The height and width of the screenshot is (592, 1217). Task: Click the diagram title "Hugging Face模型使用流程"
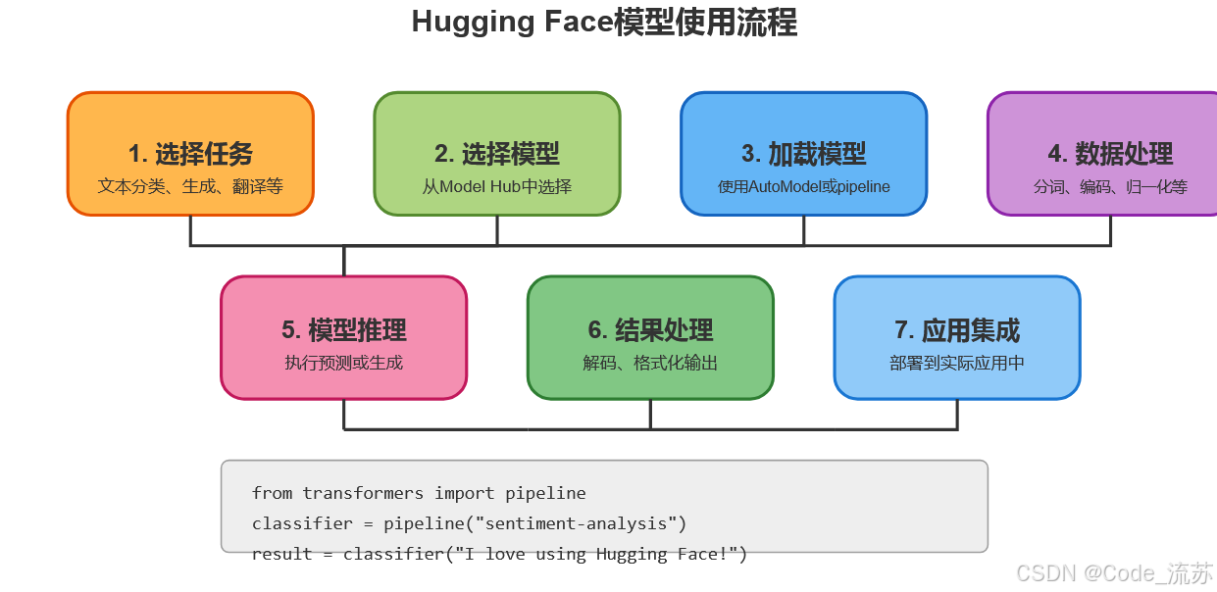pos(604,22)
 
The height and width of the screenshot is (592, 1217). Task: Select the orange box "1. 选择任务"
pos(190,154)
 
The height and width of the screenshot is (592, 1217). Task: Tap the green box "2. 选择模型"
pos(497,154)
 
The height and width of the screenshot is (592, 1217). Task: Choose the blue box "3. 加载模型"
pos(804,154)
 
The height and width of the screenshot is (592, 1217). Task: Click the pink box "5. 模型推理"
pos(343,330)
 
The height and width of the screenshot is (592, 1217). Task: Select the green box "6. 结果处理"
pos(650,330)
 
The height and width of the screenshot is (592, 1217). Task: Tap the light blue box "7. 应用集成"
pos(957,330)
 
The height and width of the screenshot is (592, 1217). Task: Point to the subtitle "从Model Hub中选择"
pos(497,186)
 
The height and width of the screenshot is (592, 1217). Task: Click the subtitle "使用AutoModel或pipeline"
pos(804,186)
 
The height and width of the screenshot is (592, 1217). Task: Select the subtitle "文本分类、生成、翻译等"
pos(190,186)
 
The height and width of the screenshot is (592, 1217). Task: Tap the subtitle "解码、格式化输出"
pos(650,363)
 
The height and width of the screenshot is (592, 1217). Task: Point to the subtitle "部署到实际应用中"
pos(957,363)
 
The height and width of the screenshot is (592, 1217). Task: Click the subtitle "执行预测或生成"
pos(343,363)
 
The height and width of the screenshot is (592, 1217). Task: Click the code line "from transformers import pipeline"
pos(419,493)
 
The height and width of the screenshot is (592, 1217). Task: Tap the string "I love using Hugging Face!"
pos(594,554)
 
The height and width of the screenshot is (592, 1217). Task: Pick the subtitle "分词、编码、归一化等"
pos(1109,186)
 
